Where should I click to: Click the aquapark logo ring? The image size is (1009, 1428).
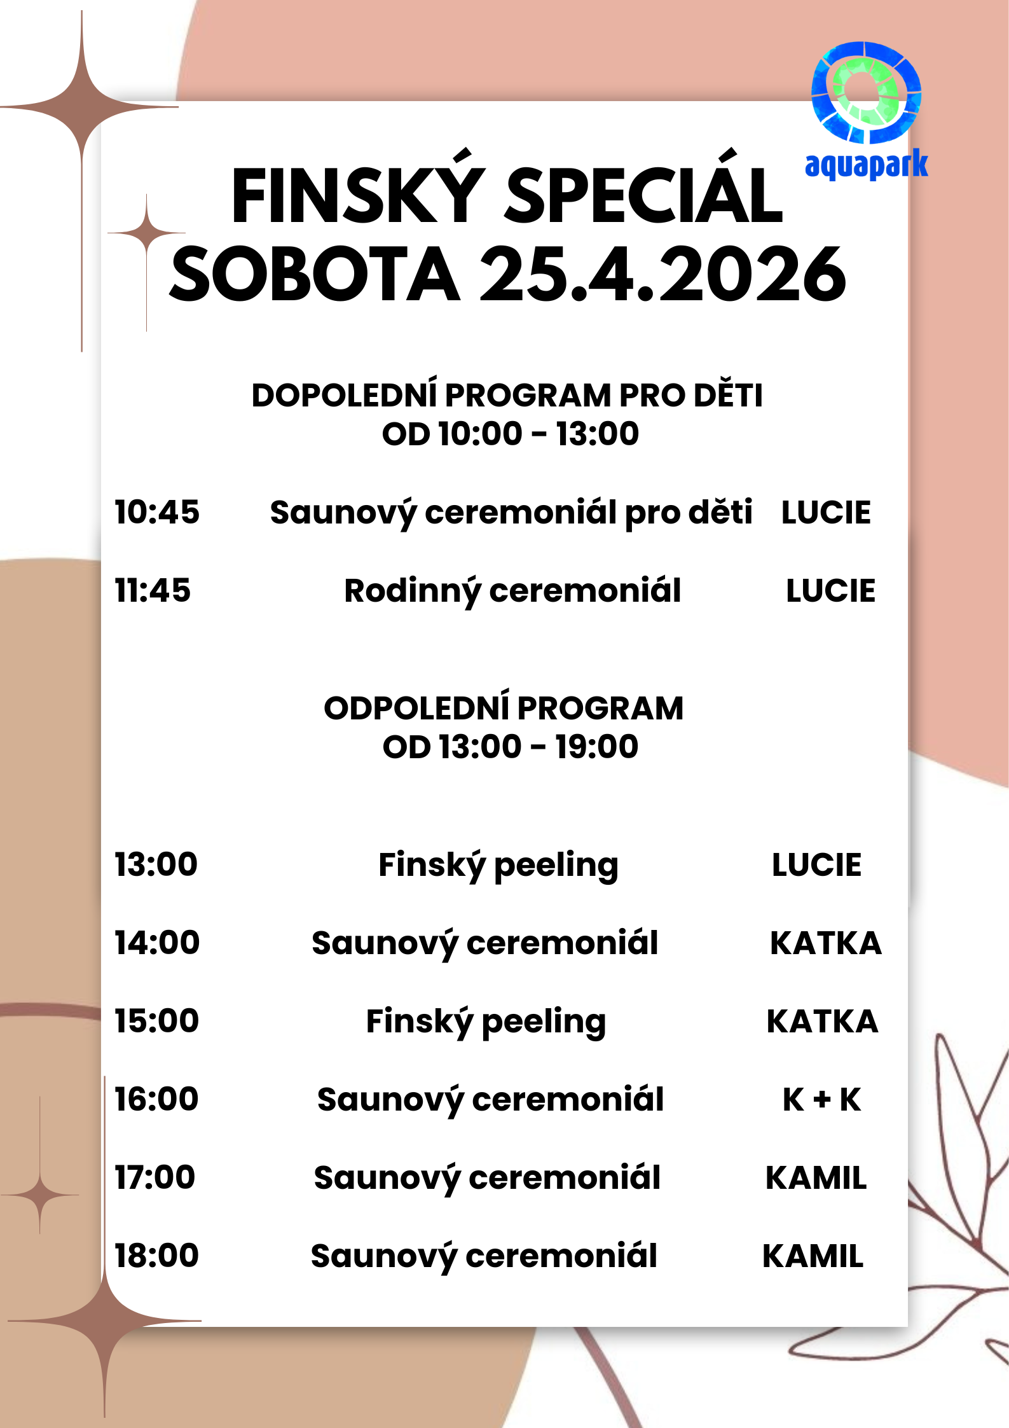click(866, 92)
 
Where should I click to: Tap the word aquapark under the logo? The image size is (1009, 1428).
click(866, 165)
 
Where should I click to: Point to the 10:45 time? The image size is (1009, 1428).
click(157, 512)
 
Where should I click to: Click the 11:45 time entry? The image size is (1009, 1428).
click(153, 590)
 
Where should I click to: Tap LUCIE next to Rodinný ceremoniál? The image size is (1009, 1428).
click(830, 591)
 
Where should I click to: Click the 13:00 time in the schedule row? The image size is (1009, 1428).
click(156, 864)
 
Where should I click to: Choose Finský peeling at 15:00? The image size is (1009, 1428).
click(486, 1022)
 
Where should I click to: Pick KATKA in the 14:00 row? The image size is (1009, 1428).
click(825, 943)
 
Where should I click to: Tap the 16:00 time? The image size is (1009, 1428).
click(156, 1099)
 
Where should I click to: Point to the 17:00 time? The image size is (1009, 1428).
click(155, 1177)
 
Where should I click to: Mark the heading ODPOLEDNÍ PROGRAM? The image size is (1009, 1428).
click(504, 708)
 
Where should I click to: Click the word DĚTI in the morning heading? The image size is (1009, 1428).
click(728, 394)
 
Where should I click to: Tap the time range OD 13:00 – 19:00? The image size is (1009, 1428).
click(510, 747)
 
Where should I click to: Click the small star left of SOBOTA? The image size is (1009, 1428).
click(147, 233)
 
